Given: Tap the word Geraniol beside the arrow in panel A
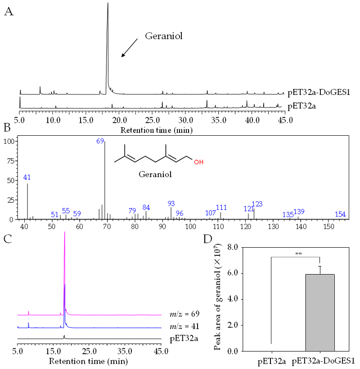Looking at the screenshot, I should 164,36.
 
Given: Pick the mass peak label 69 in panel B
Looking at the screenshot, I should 100,141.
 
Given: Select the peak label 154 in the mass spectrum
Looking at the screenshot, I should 340,214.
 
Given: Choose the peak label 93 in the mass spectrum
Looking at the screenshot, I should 171,204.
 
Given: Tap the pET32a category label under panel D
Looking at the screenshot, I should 271,360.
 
